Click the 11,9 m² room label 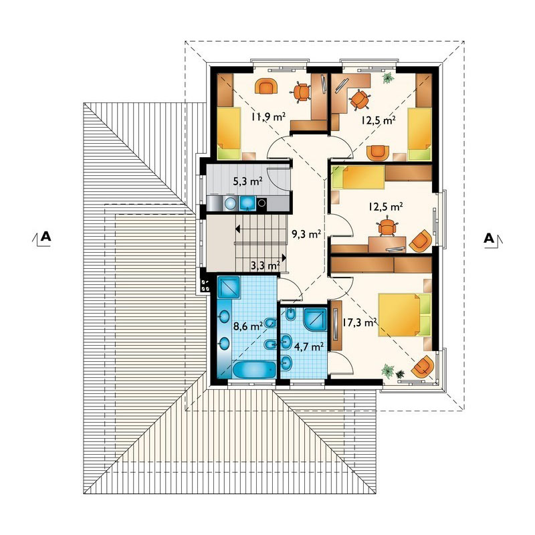click(269, 117)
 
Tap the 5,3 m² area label click(247, 181)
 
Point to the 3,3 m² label click(265, 265)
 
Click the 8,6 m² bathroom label click(247, 326)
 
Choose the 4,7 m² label click(309, 346)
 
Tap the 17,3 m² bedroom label click(360, 322)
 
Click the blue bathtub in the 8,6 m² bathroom click(254, 370)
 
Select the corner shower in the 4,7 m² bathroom click(315, 320)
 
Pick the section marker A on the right click(489, 238)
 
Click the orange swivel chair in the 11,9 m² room click(300, 92)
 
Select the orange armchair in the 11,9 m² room click(265, 86)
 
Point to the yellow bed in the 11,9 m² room click(229, 133)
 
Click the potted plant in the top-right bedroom click(388, 78)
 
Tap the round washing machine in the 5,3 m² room click(230, 203)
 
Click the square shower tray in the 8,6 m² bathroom click(229, 288)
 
